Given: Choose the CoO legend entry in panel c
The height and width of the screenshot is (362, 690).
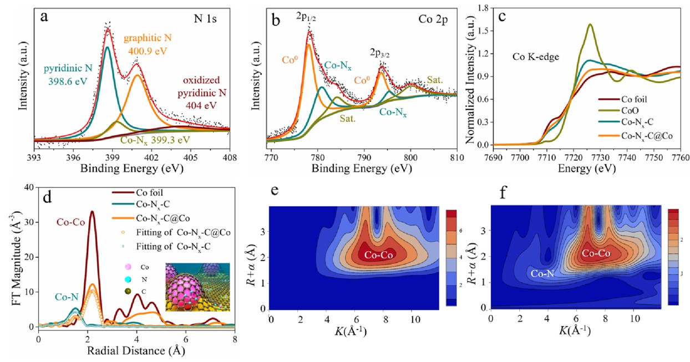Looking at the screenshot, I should [x=636, y=111].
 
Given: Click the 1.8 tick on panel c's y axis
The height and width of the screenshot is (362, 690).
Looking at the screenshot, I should [x=485, y=8].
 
